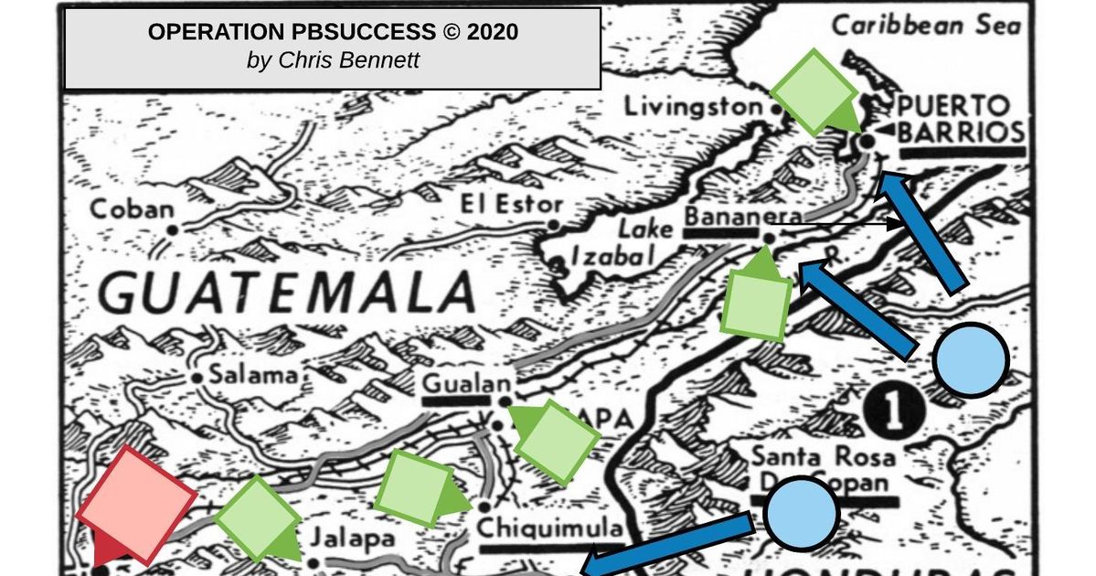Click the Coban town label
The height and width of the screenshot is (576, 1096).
click(x=131, y=210)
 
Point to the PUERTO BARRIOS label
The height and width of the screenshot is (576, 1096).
click(x=954, y=119)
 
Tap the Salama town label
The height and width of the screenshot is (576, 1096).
click(x=253, y=374)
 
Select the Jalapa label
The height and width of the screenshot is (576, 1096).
click(x=352, y=539)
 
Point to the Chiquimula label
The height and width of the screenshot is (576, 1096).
click(x=550, y=528)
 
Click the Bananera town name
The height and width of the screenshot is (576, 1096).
click(x=742, y=217)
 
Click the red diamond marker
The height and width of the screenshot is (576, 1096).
click(x=136, y=504)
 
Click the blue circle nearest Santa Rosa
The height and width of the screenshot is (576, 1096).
click(x=801, y=514)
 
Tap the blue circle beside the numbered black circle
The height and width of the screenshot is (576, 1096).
click(x=971, y=359)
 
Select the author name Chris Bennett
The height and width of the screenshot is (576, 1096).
click(x=333, y=60)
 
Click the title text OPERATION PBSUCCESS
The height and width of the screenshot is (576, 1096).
click(x=292, y=33)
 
